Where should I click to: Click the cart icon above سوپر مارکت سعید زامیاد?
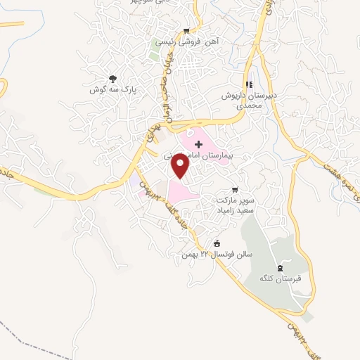235,190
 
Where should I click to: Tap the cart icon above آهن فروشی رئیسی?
186,30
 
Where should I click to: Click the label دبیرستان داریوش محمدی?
250,99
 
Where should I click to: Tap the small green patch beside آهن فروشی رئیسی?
154,55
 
